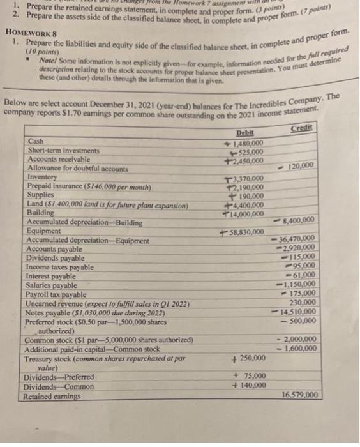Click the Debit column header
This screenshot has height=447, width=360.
click(x=244, y=132)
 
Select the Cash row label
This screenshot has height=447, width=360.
click(x=37, y=142)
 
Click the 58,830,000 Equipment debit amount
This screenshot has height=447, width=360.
click(x=249, y=231)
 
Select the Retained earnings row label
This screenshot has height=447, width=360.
click(x=53, y=396)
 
